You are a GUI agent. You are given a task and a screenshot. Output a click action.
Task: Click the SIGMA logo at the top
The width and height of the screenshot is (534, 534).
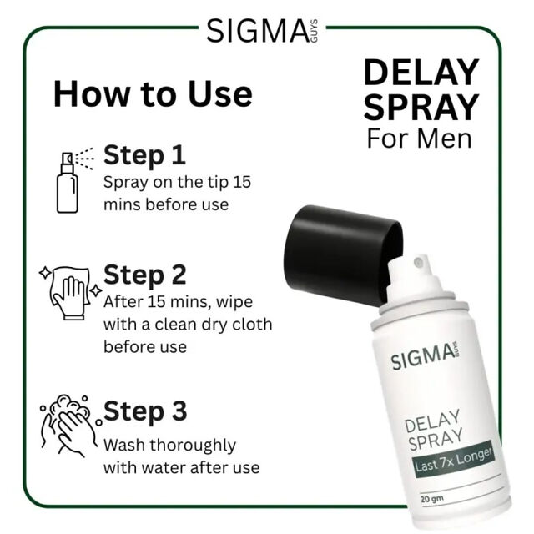262,31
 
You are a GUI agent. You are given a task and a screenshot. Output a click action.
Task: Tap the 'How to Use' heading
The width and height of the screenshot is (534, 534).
153,93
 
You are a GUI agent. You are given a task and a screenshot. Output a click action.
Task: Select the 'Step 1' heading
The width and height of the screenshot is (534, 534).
144,155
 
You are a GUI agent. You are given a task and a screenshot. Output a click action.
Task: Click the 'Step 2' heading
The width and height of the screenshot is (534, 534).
144,275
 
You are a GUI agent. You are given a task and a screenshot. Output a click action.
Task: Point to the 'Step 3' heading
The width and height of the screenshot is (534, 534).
145,411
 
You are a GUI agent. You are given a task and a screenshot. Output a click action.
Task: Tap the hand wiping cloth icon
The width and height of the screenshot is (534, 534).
70,293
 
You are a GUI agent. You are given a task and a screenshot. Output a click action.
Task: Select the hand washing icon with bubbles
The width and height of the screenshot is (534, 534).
71,426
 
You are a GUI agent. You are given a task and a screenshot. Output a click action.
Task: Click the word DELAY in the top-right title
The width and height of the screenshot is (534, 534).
421,73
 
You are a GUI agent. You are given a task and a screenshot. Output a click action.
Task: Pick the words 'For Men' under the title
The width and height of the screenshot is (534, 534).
419,139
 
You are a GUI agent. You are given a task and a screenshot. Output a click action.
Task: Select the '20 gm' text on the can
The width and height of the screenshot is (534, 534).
432,499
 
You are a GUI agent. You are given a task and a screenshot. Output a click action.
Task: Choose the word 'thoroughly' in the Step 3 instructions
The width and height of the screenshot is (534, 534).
193,446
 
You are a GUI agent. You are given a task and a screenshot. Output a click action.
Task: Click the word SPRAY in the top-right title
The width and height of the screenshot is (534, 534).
421,107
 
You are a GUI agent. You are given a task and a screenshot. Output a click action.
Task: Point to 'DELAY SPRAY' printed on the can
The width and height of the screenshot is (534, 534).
434,431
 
